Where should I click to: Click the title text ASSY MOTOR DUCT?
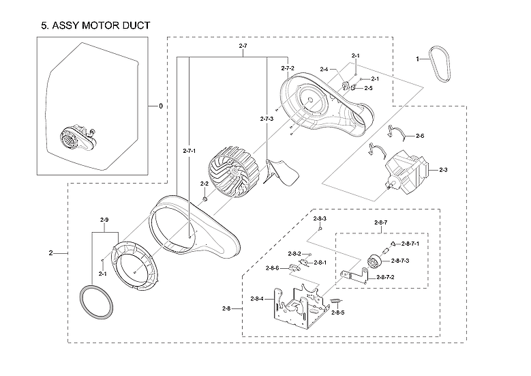pos(95,25)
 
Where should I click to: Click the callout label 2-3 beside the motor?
pos(443,169)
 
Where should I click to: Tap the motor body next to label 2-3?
pos(407,172)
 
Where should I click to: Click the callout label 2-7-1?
pos(190,150)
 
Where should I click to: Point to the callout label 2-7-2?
pos(288,68)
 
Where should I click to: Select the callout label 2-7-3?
pos(267,119)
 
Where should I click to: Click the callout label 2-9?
pos(104,220)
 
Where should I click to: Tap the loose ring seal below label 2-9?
pos(96,300)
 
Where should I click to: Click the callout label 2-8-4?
pos(258,299)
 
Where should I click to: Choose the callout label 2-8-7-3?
pos(400,261)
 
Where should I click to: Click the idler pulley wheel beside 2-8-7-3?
pos(375,261)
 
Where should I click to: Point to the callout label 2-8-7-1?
pos(410,243)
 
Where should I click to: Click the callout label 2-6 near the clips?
pos(420,136)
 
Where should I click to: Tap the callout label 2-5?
pos(368,88)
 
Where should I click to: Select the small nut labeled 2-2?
pos(204,199)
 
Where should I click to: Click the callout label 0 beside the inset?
pos(161,106)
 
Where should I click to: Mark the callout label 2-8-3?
pos(320,218)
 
